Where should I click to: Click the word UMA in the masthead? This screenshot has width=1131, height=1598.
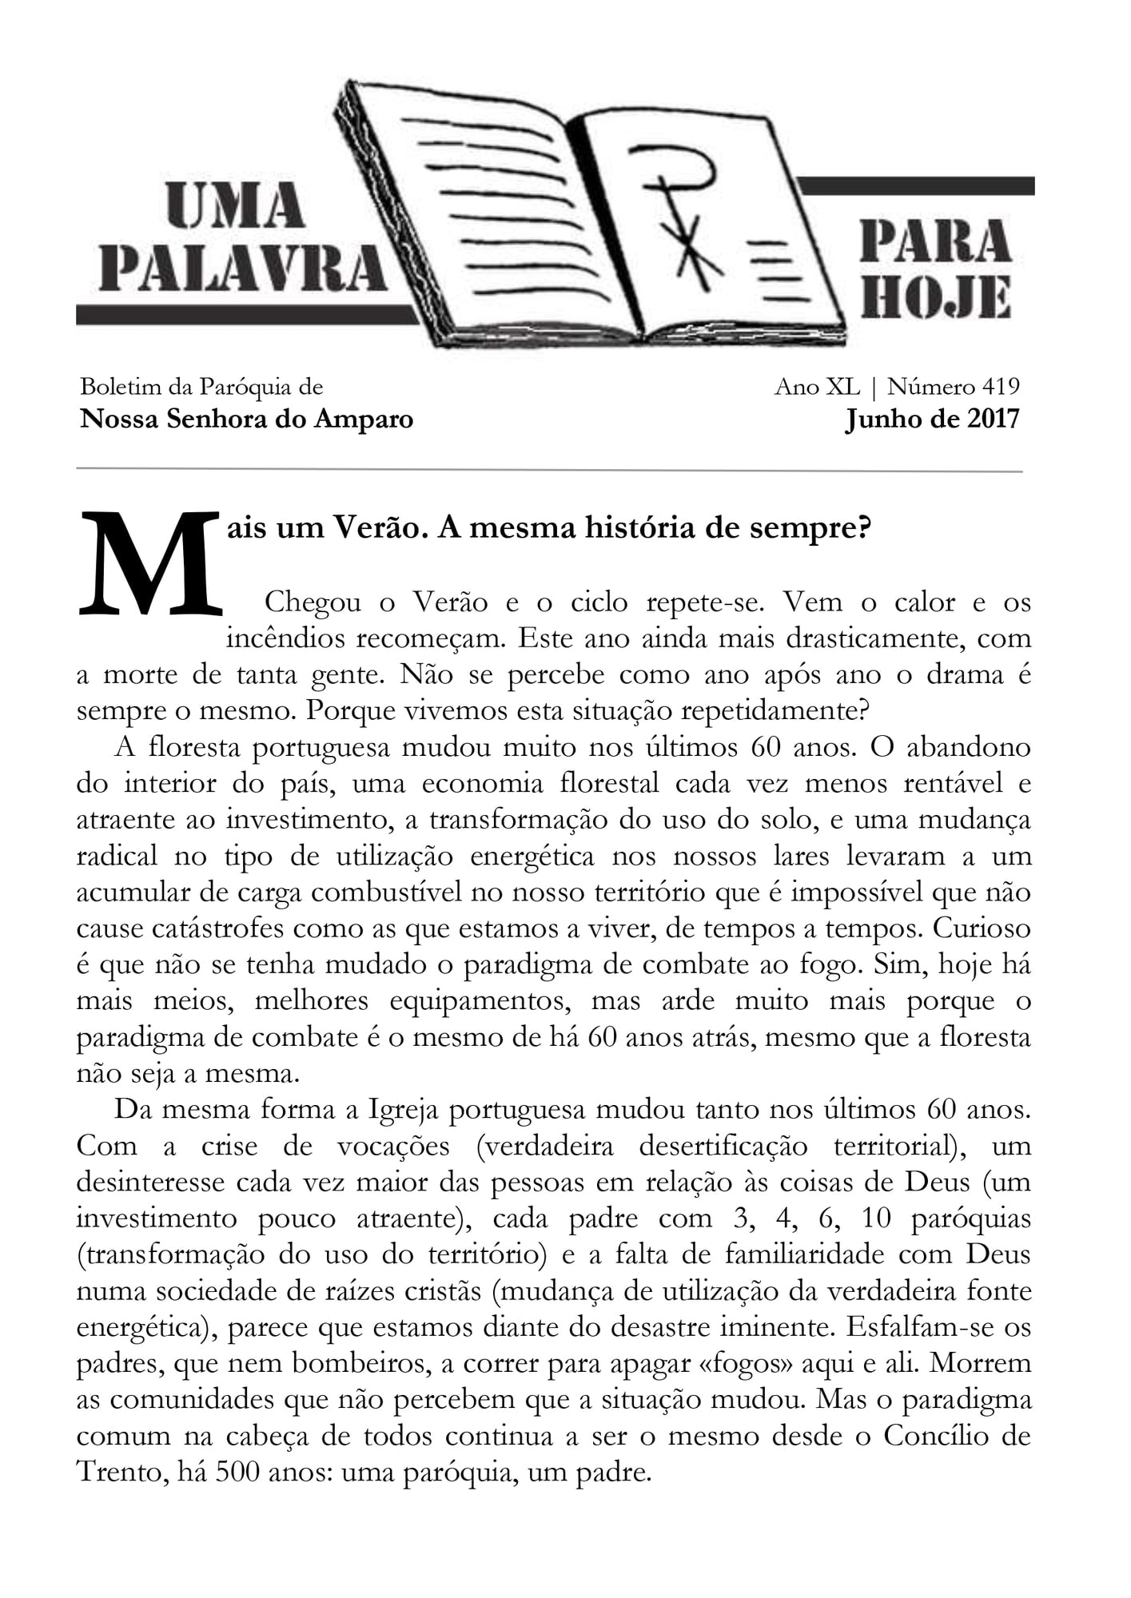coord(235,205)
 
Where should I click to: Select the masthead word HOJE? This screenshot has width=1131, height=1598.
coord(936,299)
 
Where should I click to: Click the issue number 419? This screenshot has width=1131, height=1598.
coord(1001,387)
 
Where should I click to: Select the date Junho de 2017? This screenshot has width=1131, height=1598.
coord(932,419)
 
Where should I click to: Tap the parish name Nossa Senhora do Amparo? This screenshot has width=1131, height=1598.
coord(246,419)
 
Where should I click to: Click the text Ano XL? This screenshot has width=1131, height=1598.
coord(817,387)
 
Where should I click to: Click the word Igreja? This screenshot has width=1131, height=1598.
coord(404,1110)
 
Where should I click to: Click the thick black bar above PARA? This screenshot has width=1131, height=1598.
coord(916,186)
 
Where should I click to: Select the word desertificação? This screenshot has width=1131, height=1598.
coord(723,1146)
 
